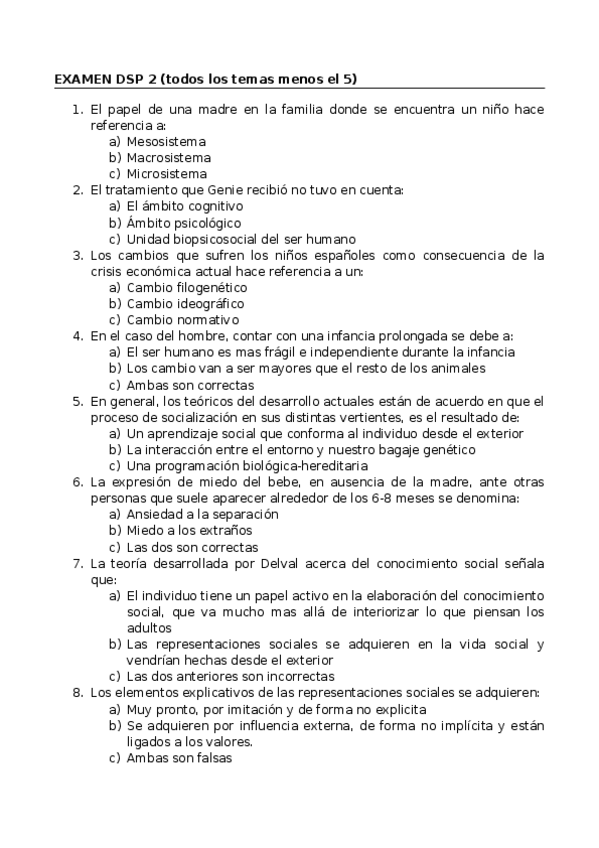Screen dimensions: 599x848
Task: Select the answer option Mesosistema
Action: pos(166,141)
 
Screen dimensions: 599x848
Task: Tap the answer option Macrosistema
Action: pos(168,157)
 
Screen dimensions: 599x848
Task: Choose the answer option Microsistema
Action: pos(166,173)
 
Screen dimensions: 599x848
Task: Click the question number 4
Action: pos(77,336)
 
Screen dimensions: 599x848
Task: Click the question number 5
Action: pos(77,401)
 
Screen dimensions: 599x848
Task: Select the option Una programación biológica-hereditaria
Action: pos(246,466)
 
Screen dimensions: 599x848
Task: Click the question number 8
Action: pos(77,692)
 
